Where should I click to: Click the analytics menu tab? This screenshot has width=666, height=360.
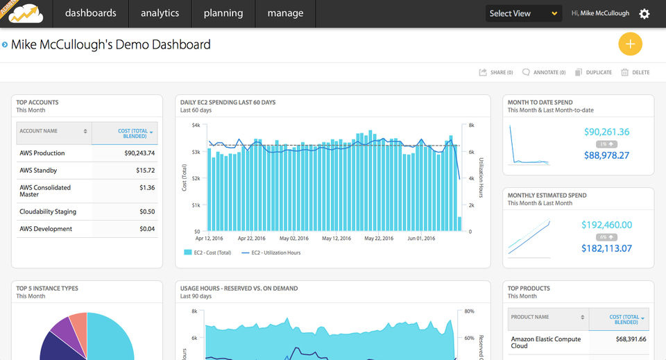[160, 13]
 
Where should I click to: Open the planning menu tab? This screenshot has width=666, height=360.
[223, 13]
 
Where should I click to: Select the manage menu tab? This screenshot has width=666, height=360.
[285, 13]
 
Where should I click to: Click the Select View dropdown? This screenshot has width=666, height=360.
[523, 13]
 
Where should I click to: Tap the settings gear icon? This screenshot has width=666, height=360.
[644, 14]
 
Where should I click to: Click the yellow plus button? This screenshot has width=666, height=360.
[630, 44]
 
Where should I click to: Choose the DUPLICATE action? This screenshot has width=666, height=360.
[594, 72]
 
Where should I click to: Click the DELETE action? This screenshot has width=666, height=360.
[635, 72]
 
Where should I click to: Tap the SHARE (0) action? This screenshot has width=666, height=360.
[496, 72]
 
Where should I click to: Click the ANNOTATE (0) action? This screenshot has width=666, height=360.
[544, 72]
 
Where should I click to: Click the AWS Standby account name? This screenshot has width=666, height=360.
[39, 171]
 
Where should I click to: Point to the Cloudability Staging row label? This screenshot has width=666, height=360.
[48, 212]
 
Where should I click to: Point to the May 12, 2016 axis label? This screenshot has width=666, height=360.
[339, 238]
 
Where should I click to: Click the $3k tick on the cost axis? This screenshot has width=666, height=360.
[196, 152]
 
